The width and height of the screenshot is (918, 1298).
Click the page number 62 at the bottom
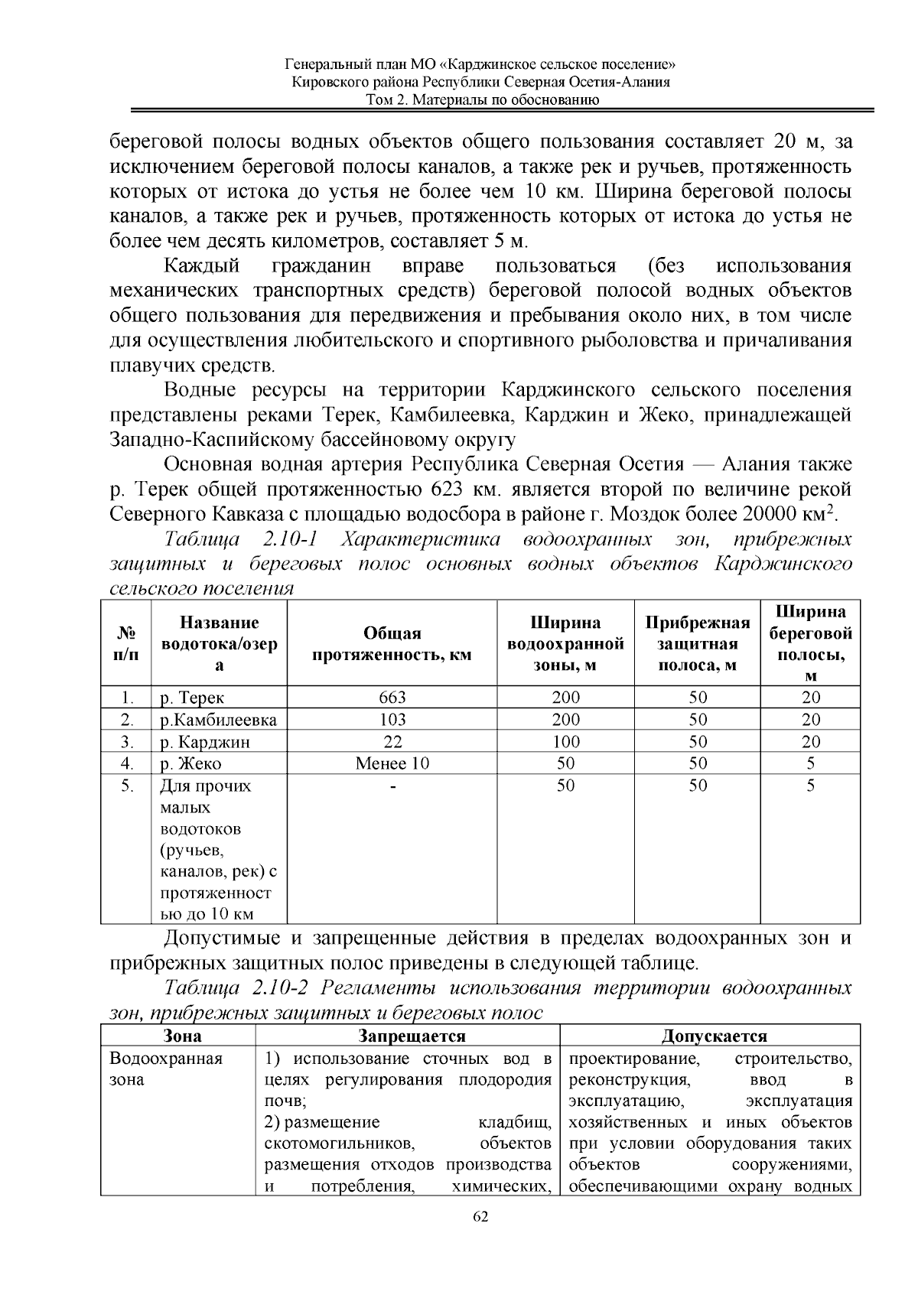[x=480, y=1217]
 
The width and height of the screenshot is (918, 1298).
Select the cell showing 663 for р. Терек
[x=392, y=697]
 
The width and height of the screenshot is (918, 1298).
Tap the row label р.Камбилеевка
[x=218, y=719]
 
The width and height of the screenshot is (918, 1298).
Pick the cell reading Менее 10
[x=392, y=763]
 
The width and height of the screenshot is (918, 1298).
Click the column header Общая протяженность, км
[x=392, y=644]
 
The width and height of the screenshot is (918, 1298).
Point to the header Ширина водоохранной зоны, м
[x=565, y=644]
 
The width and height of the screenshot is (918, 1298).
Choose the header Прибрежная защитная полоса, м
[x=697, y=644]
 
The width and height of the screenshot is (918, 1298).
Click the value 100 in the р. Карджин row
[x=565, y=741]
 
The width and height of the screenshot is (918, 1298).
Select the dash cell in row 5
[x=392, y=786]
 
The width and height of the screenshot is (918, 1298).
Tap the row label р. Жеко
[x=190, y=763]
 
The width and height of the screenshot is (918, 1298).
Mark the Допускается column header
[x=714, y=1036]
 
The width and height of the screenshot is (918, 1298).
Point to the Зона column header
[x=183, y=1036]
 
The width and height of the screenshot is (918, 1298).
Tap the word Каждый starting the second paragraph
[x=202, y=266]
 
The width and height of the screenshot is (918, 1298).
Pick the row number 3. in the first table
[x=127, y=741]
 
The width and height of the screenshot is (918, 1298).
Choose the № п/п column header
[x=127, y=644]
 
